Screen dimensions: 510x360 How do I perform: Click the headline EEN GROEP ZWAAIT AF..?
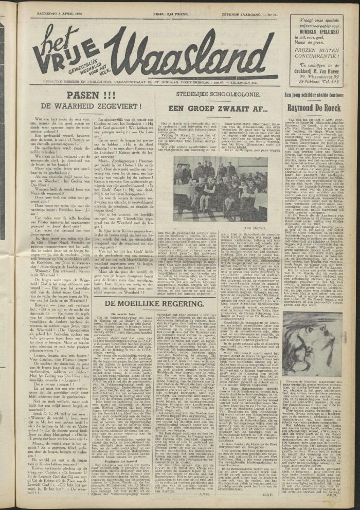(x=210, y=108)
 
